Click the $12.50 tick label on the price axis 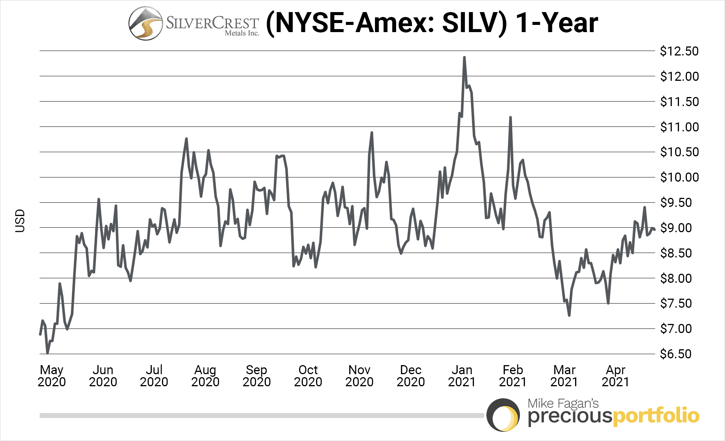679,51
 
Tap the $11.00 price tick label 679,127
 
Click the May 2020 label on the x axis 52,376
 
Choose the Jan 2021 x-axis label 461,376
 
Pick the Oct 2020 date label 308,376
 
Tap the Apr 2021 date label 615,376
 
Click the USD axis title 20,221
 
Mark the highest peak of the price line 464,58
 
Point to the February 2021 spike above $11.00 510,118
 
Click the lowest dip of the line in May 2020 47,353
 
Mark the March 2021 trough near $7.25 569,315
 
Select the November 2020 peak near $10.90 372,133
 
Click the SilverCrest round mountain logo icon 145,23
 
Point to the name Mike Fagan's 563,403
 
